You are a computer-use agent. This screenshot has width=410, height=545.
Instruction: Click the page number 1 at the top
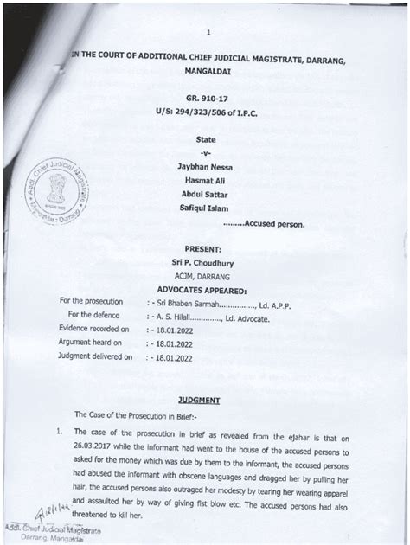(x=207, y=33)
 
